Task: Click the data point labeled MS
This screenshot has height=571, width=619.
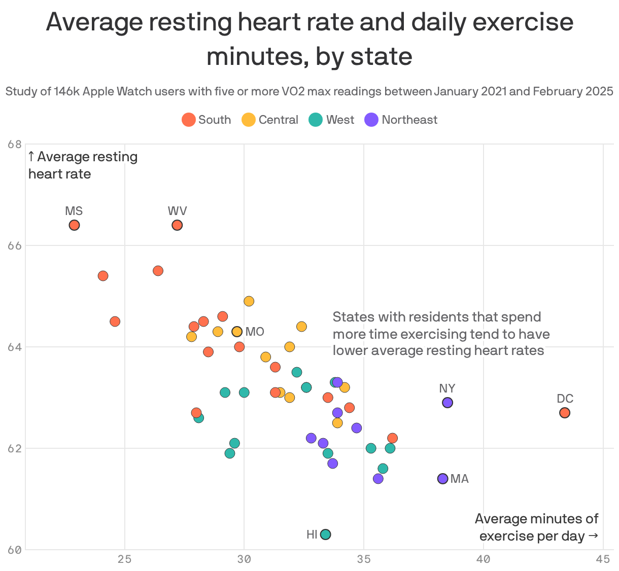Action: [74, 225]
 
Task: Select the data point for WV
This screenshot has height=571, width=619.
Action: [177, 225]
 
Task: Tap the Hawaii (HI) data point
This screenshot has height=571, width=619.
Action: [326, 534]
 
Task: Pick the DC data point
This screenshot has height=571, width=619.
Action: [565, 413]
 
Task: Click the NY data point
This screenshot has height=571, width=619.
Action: [448, 403]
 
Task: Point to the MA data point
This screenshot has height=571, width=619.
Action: [442, 479]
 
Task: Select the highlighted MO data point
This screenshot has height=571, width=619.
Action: [237, 332]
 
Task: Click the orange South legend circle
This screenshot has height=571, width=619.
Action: [189, 120]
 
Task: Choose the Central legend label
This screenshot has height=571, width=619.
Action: [278, 120]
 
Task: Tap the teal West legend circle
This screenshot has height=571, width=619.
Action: [316, 120]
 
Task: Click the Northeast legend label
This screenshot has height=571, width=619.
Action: [409, 120]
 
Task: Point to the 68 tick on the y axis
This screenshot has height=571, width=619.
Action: [15, 145]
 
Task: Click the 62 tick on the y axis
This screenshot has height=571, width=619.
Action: [15, 449]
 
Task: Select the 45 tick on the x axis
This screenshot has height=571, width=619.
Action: [603, 559]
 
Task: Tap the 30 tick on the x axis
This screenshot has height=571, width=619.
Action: [244, 559]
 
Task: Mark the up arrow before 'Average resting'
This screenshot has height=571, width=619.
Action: [31, 157]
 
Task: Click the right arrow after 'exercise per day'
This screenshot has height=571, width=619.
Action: [593, 536]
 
